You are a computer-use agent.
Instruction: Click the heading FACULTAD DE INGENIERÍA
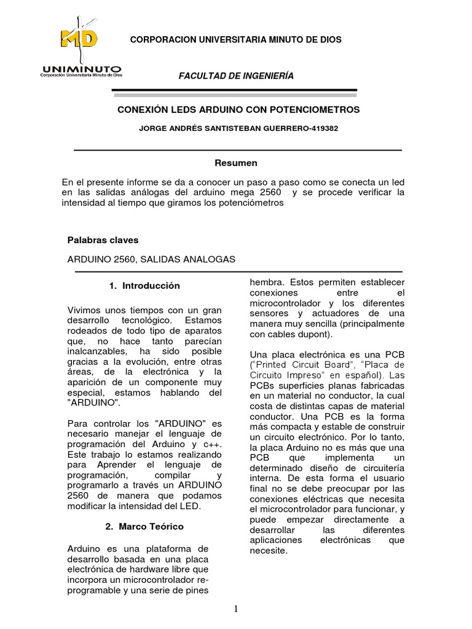pos(236,76)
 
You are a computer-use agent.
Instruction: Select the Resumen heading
pos(235,163)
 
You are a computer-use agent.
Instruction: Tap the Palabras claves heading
pos(103,240)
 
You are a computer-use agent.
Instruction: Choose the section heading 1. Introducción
pos(144,286)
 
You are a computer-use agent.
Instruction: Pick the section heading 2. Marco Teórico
pos(144,526)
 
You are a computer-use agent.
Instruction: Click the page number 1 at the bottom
pos(236,609)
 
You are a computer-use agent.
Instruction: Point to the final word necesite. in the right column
pos(268,550)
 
